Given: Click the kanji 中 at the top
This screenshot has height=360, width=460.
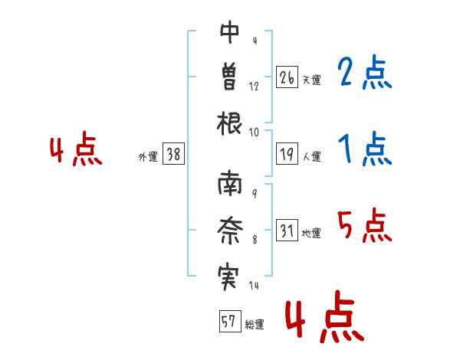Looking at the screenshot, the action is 229,32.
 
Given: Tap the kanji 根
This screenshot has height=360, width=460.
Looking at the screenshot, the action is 229,123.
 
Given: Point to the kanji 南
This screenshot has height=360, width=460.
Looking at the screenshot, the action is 230,183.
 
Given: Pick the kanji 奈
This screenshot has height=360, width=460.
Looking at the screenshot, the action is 230,231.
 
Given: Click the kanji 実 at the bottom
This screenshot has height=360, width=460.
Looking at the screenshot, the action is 228,277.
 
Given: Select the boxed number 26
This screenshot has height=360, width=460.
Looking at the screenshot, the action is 287,77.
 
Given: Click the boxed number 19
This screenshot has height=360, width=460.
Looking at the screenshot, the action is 287,154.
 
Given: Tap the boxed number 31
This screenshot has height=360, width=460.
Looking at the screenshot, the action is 287,230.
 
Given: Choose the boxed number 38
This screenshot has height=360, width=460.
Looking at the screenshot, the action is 173,154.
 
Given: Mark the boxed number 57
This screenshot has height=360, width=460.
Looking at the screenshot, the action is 230,321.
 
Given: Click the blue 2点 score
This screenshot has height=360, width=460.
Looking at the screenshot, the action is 364,72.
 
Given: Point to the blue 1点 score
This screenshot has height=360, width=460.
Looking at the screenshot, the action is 365,149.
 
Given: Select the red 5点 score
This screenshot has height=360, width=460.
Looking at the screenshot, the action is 364,225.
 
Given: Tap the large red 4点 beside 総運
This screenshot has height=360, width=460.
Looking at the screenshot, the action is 324,316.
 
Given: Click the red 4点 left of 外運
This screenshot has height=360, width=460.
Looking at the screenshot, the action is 76,149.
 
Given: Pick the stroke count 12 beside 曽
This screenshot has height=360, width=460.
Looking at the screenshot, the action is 254,87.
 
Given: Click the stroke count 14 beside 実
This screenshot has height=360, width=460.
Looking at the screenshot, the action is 254,285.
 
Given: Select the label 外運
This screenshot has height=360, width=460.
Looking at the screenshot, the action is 148,157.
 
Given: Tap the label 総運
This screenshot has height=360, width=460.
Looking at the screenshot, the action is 255,325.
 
